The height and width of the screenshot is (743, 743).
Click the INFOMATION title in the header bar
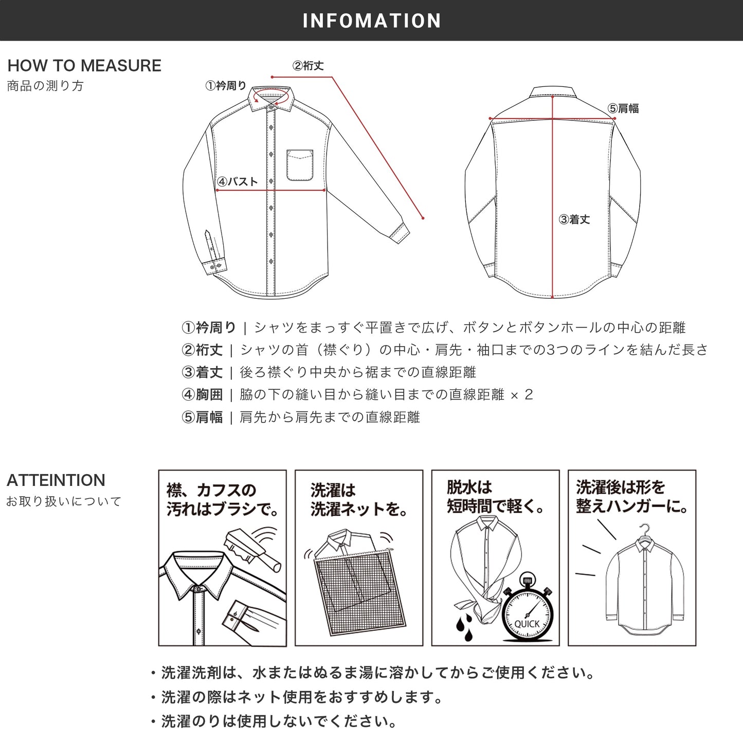371,21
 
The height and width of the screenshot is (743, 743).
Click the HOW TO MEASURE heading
84,65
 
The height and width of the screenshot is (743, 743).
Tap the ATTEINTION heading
56,480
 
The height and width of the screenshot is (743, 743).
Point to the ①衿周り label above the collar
226,86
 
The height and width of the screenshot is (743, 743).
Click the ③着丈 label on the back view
574,220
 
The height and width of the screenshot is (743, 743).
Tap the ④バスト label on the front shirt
237,182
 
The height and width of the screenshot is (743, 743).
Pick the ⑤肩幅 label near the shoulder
623,108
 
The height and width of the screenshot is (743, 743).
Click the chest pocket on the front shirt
300,165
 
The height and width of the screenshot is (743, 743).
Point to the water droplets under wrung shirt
465,628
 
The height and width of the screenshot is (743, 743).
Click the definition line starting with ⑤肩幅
301,417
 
